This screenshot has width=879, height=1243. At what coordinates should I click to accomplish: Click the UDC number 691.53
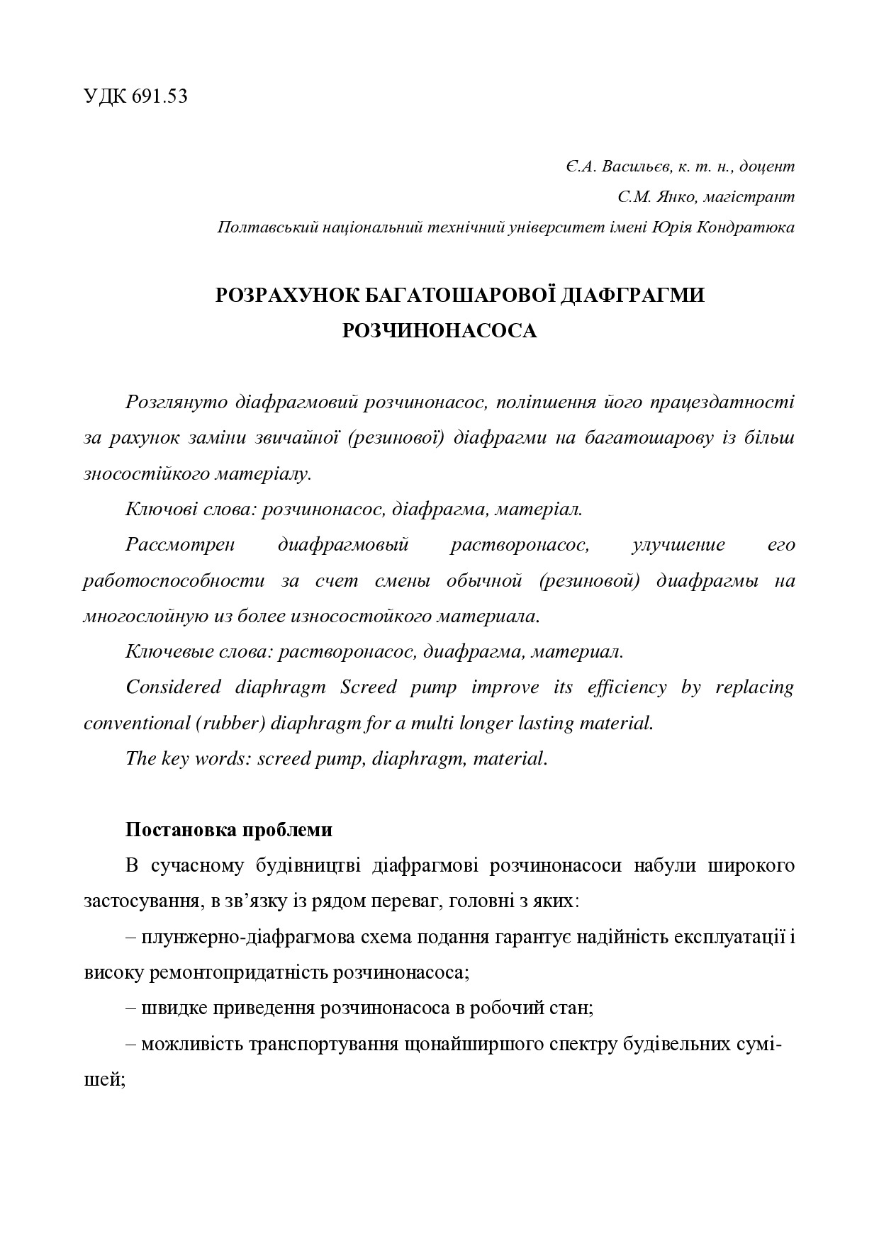[159, 97]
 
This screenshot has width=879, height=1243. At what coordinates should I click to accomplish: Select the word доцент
[766, 167]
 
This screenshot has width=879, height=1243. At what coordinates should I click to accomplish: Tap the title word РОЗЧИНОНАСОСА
[439, 331]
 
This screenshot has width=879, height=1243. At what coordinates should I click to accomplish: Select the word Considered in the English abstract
[173, 687]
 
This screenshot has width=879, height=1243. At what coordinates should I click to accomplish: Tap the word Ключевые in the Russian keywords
[165, 652]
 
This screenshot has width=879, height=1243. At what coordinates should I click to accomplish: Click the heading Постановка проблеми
[228, 830]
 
